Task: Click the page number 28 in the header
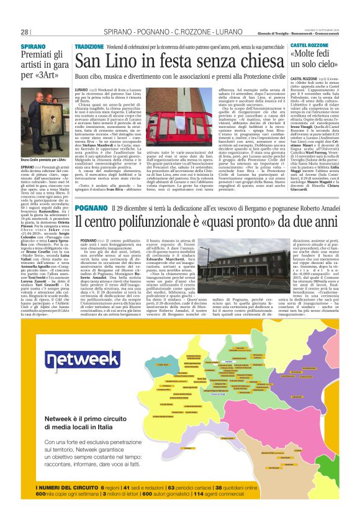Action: (x=25, y=32)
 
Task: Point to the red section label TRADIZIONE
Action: (x=89, y=47)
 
